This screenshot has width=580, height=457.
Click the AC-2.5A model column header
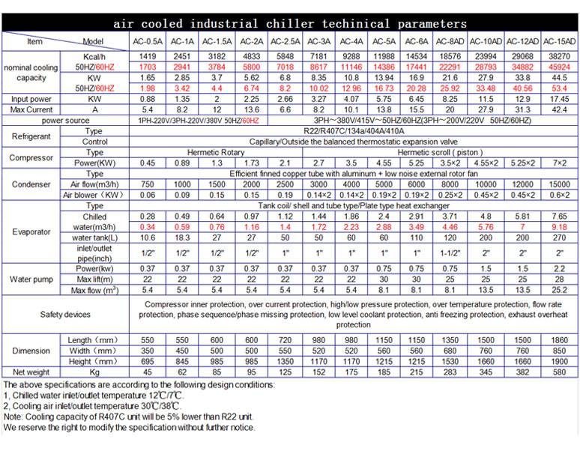[286, 41]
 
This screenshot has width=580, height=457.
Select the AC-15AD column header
[559, 41]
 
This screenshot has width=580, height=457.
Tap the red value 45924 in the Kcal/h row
[559, 67]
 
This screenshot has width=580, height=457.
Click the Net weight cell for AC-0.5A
[147, 372]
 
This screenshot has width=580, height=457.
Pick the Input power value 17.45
[559, 99]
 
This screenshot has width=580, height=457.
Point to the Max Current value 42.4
[559, 110]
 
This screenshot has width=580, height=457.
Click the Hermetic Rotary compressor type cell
[216, 152]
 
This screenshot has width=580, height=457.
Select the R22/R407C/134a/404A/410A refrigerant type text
[354, 131]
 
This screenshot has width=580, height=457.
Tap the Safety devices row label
[65, 315]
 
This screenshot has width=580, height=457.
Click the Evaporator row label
[31, 231]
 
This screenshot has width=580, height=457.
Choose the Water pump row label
[31, 279]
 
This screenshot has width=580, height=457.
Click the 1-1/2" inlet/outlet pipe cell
[450, 253]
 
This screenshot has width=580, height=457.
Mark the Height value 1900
[559, 361]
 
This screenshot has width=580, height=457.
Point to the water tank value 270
[559, 237]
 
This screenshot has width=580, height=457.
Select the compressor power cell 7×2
[559, 163]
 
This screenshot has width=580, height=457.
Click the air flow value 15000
[559, 184]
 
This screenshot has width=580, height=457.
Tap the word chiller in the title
[290, 24]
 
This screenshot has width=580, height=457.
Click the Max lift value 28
[559, 279]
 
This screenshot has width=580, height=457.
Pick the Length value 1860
[559, 340]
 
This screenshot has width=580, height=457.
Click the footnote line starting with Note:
[128, 417]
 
